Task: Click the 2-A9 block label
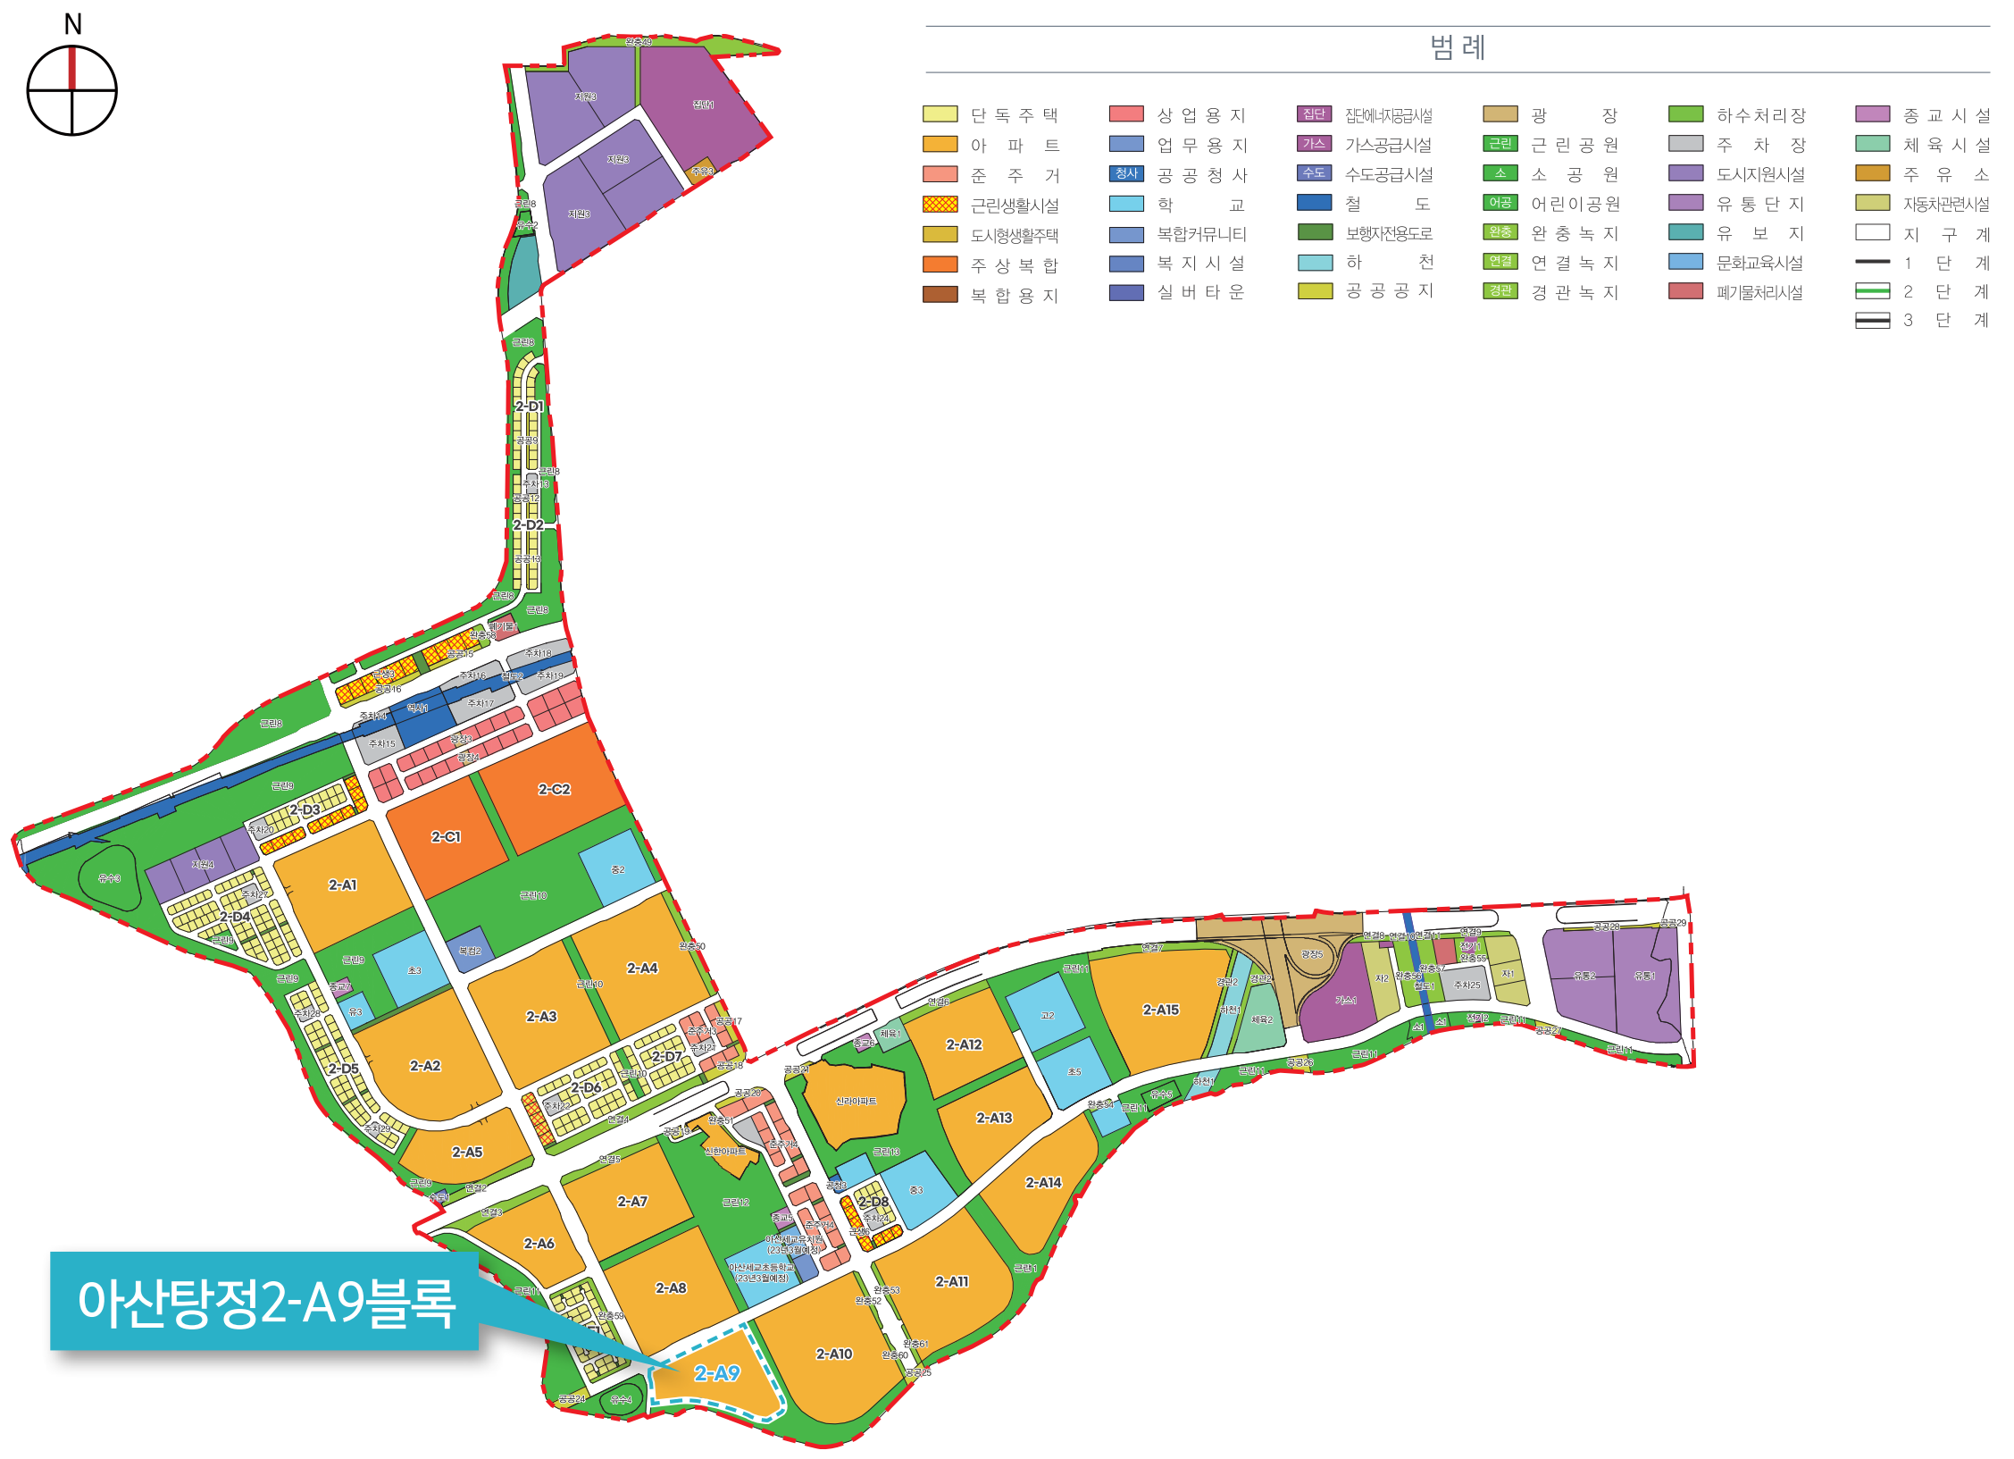717,1373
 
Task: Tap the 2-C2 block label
554,790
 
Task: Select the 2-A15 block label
1160,1010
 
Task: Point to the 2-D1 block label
529,407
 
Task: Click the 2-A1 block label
342,885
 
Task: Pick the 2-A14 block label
1043,1183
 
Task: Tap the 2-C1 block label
446,837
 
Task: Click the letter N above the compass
73,24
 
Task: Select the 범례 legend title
1458,47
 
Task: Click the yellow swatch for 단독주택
940,114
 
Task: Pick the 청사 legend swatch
1126,173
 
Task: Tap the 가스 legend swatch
1314,144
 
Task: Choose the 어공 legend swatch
1500,203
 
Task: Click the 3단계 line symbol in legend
1872,321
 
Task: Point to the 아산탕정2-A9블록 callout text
266,1302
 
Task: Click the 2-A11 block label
951,1282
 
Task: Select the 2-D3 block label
305,810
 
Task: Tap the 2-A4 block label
641,968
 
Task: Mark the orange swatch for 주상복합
940,264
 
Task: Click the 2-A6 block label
539,1244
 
